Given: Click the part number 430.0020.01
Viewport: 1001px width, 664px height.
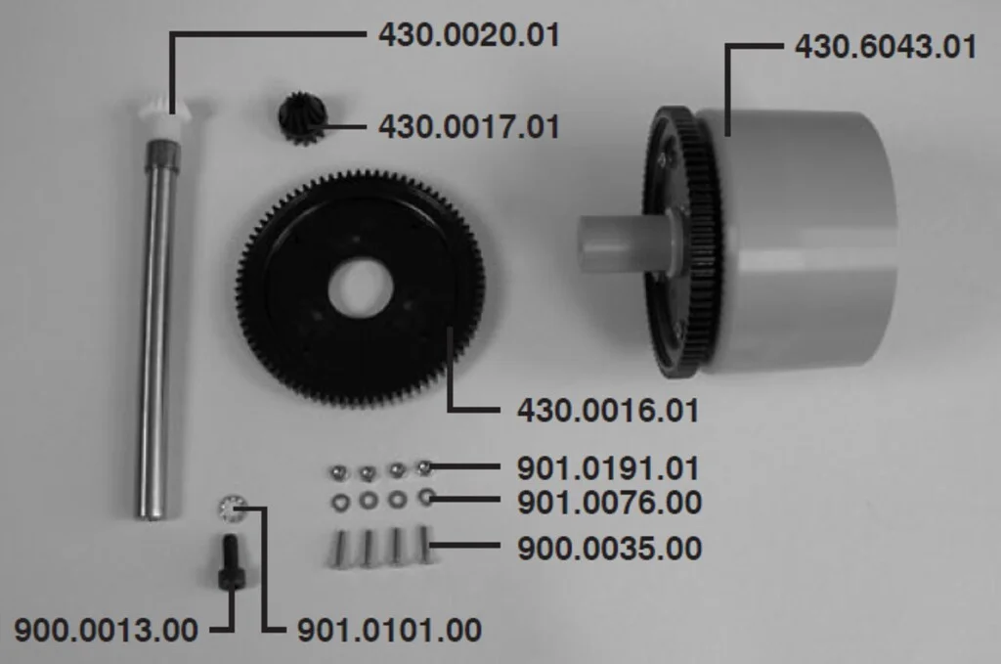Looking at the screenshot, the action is pos(468,34).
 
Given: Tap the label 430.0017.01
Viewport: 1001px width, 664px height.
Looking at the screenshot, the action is pos(468,126).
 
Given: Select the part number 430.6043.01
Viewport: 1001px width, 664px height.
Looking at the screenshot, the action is pos(886,47).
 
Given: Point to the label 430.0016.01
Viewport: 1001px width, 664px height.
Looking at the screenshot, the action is pos(608,410).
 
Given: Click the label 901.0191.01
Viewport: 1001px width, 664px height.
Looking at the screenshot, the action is pos(608,468).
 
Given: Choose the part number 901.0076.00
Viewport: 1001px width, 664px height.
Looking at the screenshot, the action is pos(609,502).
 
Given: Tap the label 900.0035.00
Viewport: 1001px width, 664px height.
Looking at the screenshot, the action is pos(609,549).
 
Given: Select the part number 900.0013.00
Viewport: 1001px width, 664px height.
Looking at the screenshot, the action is pos(106,630).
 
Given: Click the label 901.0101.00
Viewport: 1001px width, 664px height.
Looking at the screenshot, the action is pos(389,630).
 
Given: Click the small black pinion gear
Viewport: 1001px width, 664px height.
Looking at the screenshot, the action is pos(302,117).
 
